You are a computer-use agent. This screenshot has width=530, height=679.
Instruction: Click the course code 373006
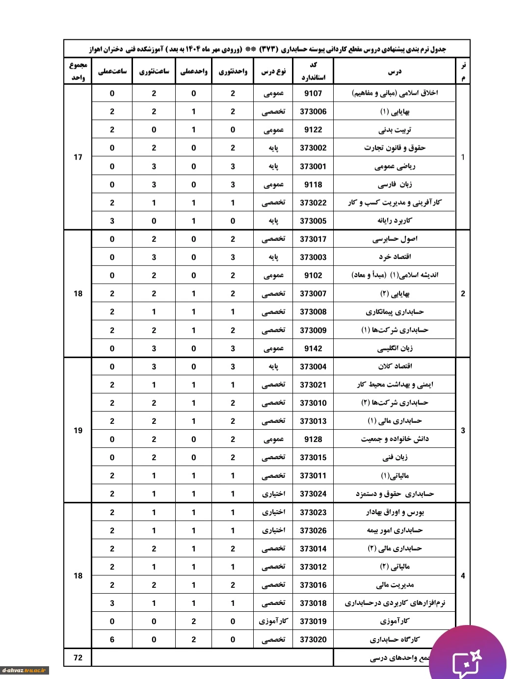313,111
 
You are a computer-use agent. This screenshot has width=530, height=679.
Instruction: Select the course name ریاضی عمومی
395,166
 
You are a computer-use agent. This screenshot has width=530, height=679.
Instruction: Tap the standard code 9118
313,184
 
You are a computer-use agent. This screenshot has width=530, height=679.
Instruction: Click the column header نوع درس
273,72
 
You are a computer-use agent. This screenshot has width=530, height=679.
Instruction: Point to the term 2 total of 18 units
78,293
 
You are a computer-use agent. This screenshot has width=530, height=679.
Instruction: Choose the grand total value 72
78,657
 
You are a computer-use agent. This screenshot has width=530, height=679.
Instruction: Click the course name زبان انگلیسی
395,348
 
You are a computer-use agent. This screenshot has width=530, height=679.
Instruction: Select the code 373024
313,494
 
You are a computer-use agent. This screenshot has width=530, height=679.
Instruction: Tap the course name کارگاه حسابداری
395,639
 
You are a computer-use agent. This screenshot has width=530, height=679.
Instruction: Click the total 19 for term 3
78,430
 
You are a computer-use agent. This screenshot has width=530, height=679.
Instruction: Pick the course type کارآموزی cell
273,621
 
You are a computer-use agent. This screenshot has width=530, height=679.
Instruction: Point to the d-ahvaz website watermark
25,670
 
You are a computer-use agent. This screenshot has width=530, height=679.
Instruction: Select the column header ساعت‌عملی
112,72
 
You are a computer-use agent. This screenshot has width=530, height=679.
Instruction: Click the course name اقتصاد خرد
395,257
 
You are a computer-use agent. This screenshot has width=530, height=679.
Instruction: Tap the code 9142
313,348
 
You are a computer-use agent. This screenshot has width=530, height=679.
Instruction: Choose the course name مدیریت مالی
395,585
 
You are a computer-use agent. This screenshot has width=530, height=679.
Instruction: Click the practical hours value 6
112,639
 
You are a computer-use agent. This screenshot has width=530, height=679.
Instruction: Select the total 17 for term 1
78,157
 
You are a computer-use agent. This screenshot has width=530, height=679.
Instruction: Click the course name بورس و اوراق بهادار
395,512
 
